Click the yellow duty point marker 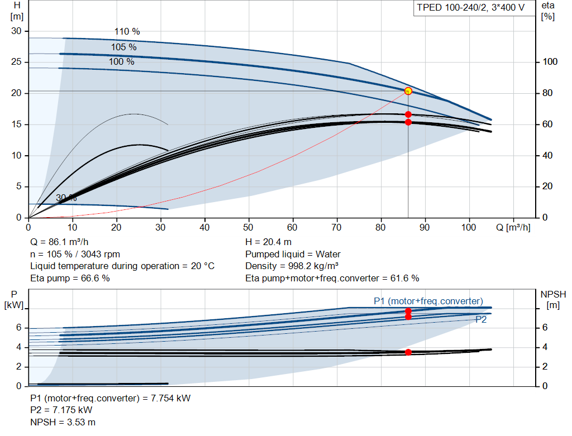click(x=408, y=91)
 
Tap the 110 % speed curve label click(x=127, y=32)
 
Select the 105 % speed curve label click(x=123, y=47)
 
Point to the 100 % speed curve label click(x=121, y=61)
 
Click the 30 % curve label click(x=66, y=198)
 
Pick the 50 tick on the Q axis click(x=249, y=227)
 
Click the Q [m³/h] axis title click(x=513, y=227)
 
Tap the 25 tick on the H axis click(x=16, y=62)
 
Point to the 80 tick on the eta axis click(x=547, y=93)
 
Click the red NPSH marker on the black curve click(x=408, y=352)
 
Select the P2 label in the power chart click(x=481, y=320)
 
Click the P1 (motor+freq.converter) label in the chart click(x=428, y=301)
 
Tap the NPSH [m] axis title click(x=553, y=300)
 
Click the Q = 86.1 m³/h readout click(x=59, y=242)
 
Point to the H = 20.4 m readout click(x=269, y=242)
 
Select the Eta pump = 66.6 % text click(x=70, y=278)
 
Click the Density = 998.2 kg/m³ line click(x=292, y=266)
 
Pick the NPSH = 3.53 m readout click(x=63, y=422)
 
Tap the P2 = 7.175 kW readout click(x=61, y=410)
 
